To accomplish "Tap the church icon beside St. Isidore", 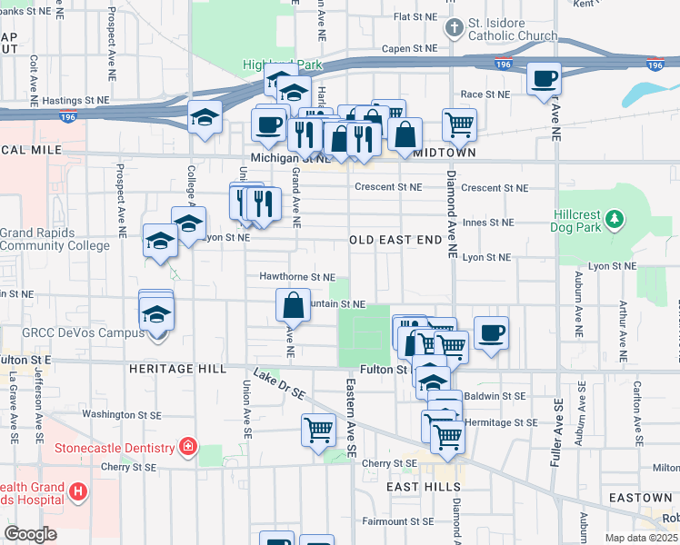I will click(x=454, y=28).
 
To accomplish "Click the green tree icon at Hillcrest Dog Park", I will click(x=615, y=218).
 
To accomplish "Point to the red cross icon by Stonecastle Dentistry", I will click(x=187, y=447).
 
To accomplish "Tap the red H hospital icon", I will click(x=79, y=492).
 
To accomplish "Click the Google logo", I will click(x=30, y=534).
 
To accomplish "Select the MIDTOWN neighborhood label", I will click(x=445, y=154).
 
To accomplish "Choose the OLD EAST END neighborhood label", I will click(x=396, y=240).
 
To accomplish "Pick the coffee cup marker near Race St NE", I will click(x=544, y=78).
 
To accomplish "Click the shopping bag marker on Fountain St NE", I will click(x=294, y=305).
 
